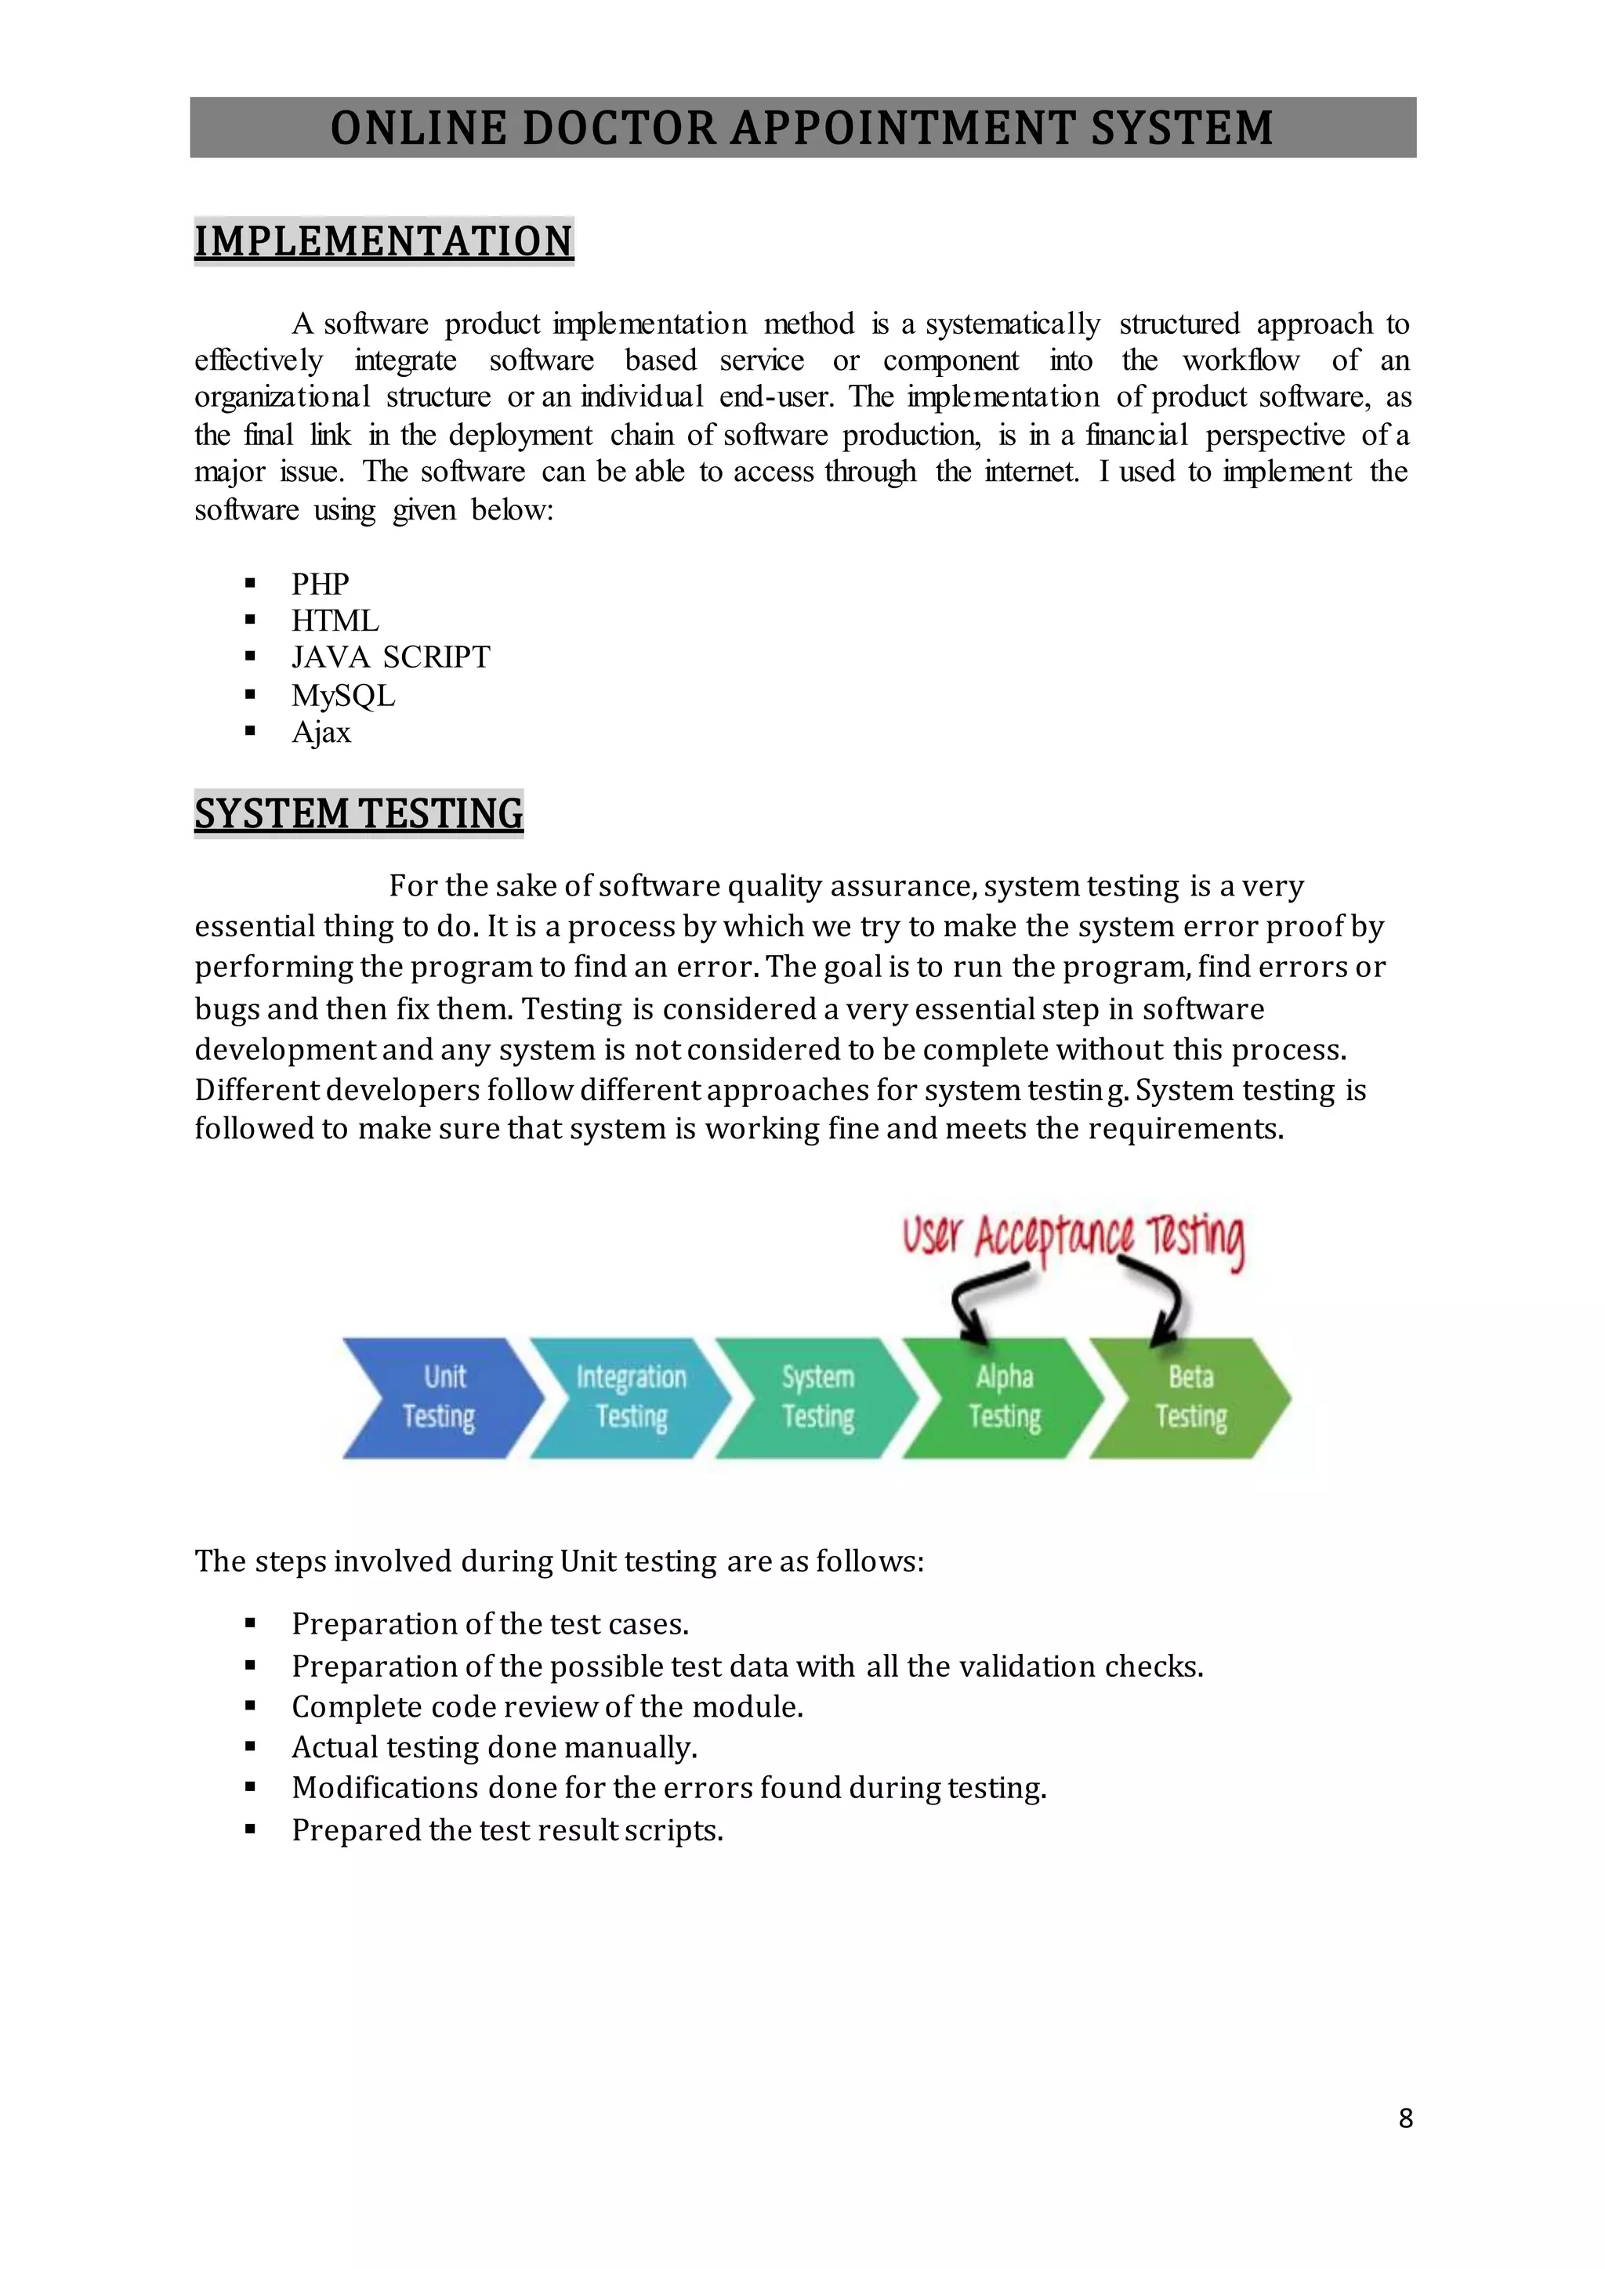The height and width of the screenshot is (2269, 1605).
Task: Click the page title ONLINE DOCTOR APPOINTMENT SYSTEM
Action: pyautogui.click(x=802, y=128)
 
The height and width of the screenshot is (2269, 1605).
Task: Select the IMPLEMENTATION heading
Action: pyautogui.click(x=383, y=242)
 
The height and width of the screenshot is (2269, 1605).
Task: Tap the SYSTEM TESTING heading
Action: pyautogui.click(x=359, y=814)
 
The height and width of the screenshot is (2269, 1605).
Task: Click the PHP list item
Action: pyautogui.click(x=321, y=584)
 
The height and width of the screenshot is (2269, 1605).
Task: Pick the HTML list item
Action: pyautogui.click(x=335, y=621)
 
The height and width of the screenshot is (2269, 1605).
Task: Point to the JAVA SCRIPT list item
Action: pyautogui.click(x=390, y=657)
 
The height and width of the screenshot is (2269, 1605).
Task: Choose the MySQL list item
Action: pyautogui.click(x=343, y=696)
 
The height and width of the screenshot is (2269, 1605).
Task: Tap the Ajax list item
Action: pyautogui.click(x=321, y=733)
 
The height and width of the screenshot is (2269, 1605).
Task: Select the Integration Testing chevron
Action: pyautogui.click(x=629, y=1398)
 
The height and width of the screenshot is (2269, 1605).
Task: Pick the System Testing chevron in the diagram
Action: pyautogui.click(x=817, y=1398)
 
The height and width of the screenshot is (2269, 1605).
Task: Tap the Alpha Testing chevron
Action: pyautogui.click(x=1003, y=1398)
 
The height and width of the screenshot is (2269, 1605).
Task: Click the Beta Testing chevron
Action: pyautogui.click(x=1190, y=1398)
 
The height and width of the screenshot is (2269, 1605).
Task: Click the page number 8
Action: pyautogui.click(x=1405, y=2118)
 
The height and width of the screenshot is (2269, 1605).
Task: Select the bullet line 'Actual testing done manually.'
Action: pyautogui.click(x=495, y=1747)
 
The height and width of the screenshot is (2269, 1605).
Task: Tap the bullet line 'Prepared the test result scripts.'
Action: pyautogui.click(x=507, y=1830)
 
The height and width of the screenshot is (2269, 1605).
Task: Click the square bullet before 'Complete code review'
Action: pyautogui.click(x=250, y=1706)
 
